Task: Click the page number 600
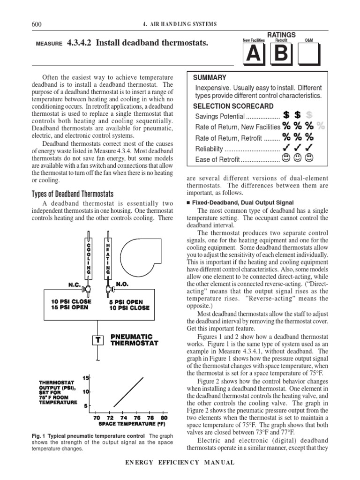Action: [37, 24]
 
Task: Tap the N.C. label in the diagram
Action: [76, 285]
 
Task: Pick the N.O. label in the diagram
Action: [122, 284]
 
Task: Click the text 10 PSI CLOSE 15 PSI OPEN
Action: [72, 305]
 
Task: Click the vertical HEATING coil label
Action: [108, 258]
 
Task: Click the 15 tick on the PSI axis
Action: [86, 378]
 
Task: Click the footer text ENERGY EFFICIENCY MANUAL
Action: [180, 463]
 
